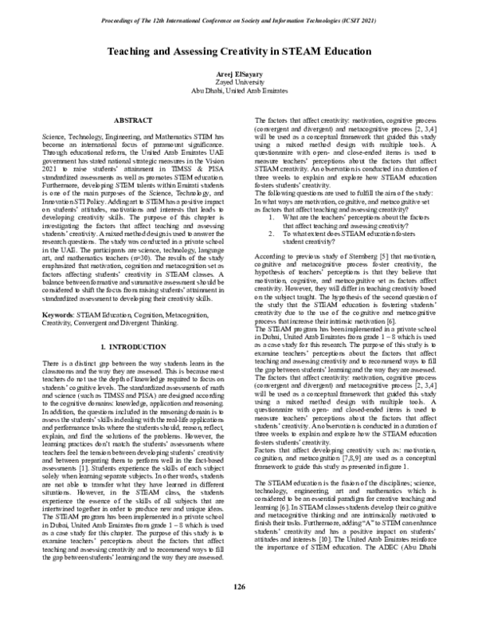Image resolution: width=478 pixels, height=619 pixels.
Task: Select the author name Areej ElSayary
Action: point(238,73)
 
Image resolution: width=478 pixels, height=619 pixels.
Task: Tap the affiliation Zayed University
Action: point(238,81)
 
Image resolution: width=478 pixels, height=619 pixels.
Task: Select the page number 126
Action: point(238,586)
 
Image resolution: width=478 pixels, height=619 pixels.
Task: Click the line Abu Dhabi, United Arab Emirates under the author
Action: point(238,89)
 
